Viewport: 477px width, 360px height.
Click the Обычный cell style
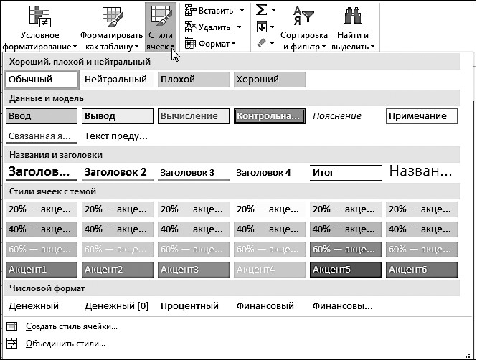(41, 80)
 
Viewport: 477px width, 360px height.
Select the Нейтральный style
(116, 80)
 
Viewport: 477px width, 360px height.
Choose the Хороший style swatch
(269, 80)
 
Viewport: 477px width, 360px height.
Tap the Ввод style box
(41, 116)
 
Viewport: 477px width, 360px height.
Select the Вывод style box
(117, 116)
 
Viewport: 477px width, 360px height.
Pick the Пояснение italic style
(338, 116)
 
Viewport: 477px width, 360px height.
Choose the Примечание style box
(421, 116)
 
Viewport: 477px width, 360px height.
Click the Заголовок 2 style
(116, 172)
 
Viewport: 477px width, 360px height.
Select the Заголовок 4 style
(265, 172)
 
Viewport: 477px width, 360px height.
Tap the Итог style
(345, 172)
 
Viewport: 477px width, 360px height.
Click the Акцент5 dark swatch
(345, 270)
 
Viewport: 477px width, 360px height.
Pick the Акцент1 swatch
(41, 270)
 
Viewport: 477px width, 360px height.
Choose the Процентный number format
(189, 305)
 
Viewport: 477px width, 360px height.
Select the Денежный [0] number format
(116, 305)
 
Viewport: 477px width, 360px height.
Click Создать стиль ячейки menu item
(71, 326)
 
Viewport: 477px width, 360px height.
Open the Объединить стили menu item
(65, 344)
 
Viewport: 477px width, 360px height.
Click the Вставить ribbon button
(214, 10)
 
